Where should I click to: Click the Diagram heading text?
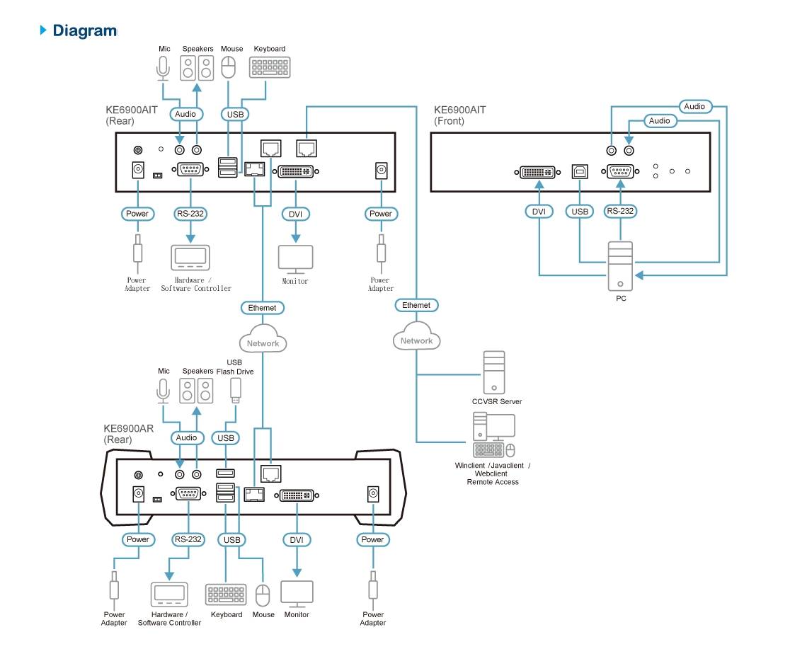[84, 30]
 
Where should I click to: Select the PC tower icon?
[620, 267]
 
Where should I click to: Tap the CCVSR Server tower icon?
[494, 372]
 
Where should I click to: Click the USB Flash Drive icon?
[236, 390]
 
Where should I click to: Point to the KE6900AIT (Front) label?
[460, 115]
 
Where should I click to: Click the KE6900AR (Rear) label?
[128, 434]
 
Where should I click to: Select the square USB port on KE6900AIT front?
[579, 171]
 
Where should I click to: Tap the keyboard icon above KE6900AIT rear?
[270, 67]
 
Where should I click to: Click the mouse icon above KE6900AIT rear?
[228, 68]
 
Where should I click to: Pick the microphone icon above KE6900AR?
[164, 390]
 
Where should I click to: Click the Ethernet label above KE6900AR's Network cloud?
[262, 308]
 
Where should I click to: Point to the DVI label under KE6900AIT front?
[539, 211]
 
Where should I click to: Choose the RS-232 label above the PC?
[620, 211]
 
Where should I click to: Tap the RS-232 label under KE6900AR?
[188, 539]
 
